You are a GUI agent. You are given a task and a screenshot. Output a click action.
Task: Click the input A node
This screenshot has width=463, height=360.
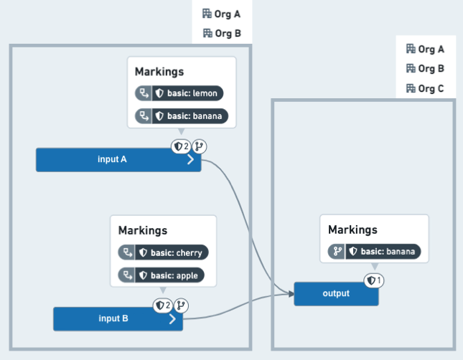tap(118, 160)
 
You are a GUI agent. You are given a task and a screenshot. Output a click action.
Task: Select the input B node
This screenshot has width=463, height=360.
tap(118, 318)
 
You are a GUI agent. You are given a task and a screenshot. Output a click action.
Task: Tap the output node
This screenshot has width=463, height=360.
tap(336, 293)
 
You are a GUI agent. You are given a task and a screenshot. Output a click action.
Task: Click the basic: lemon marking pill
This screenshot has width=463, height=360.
tap(179, 93)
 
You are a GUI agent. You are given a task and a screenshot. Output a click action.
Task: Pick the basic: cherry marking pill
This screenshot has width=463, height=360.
tap(163, 252)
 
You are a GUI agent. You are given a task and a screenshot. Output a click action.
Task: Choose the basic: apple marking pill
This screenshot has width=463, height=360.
tap(162, 275)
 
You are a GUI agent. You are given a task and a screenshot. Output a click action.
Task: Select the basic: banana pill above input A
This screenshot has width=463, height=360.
tap(182, 116)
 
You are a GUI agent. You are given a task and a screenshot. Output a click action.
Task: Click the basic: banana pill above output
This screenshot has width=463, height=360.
tap(375, 252)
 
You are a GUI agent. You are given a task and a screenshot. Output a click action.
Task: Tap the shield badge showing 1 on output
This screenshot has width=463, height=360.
tap(374, 280)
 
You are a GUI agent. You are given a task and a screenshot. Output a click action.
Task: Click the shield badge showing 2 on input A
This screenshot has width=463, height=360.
tap(181, 146)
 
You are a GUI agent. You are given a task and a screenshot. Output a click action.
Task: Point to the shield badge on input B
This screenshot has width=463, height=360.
tap(163, 305)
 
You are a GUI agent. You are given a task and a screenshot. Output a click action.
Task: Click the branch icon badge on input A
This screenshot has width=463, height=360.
tap(200, 146)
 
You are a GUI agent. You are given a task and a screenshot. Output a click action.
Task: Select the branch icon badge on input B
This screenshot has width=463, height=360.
tap(181, 305)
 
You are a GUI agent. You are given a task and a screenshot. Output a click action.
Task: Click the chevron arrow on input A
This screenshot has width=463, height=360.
tap(191, 159)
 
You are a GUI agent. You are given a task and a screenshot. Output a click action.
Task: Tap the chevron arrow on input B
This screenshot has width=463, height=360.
tap(172, 318)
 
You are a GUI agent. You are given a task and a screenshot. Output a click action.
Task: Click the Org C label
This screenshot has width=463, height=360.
tap(425, 88)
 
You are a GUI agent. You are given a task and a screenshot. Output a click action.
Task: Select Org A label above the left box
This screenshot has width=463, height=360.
tap(222, 14)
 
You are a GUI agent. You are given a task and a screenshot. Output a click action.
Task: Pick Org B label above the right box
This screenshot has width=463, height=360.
tap(425, 68)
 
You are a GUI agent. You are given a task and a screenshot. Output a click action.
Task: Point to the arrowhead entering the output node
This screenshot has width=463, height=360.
tap(291, 293)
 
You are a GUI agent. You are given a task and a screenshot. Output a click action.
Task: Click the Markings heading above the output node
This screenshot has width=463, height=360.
tap(352, 229)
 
